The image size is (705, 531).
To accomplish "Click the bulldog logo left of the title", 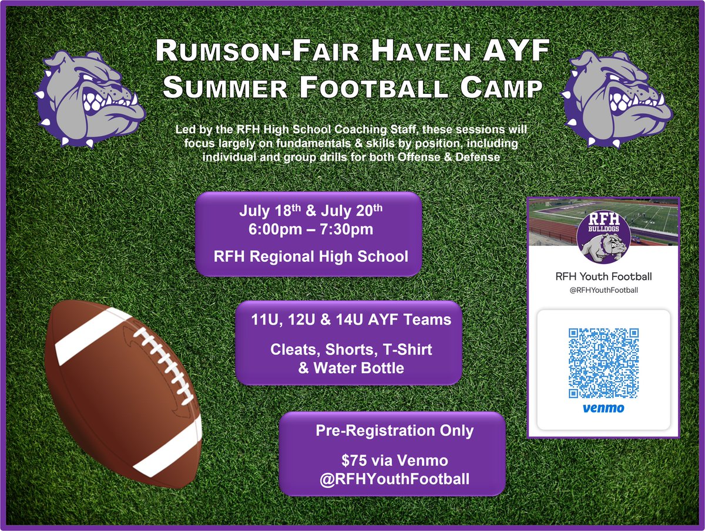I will tap(89, 99).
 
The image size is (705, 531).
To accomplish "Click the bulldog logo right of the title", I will tap(615, 99).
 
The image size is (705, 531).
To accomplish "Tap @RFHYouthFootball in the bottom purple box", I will tap(392, 479).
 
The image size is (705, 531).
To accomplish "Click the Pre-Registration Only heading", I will tap(394, 431).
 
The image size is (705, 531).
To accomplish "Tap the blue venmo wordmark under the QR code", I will tap(603, 407).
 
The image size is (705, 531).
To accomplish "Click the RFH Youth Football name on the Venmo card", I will tap(603, 276).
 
